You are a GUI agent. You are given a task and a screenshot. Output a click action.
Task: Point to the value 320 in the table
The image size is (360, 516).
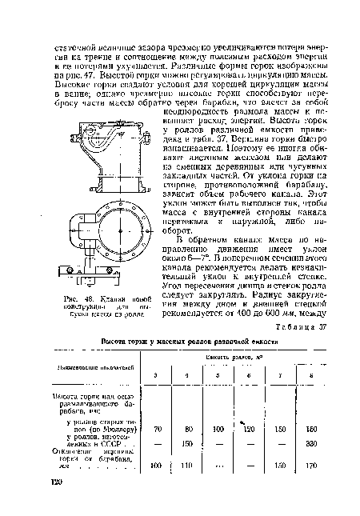click(x=309, y=446)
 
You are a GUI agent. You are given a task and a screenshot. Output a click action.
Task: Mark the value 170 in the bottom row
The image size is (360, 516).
click(x=309, y=464)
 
